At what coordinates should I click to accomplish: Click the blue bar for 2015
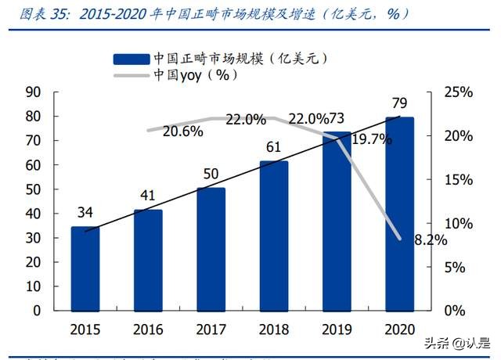tap(85, 268)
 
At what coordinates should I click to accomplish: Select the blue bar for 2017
tap(211, 249)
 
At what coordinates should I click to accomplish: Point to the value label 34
tap(85, 213)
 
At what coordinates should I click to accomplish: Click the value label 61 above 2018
tap(273, 147)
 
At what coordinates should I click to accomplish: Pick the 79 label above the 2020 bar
tap(399, 103)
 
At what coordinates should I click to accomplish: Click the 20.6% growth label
tap(184, 132)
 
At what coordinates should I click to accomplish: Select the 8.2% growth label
tap(430, 240)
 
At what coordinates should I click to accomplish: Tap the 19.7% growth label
tap(372, 139)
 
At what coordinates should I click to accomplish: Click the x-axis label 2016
tap(148, 329)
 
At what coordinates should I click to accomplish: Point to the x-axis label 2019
tap(337, 329)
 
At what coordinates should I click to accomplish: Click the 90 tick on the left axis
tap(33, 92)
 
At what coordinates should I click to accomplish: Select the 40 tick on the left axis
tap(33, 214)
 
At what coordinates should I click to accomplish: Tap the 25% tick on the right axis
tap(456, 92)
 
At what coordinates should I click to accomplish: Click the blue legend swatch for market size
tap(130, 58)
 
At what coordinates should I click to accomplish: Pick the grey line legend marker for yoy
tap(130, 75)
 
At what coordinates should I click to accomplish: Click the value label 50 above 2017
tap(211, 174)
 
